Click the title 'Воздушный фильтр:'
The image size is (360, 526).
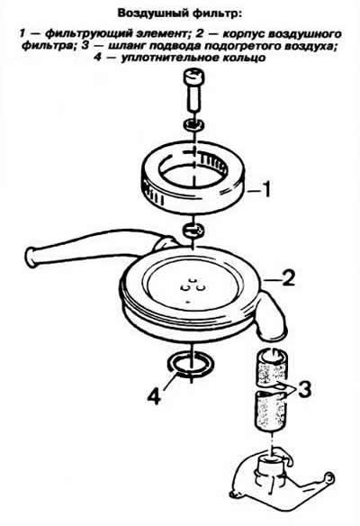pyautogui.click(x=179, y=14)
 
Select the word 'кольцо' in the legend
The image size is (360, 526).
pyautogui.click(x=244, y=58)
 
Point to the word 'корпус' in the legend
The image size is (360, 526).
pyautogui.click(x=245, y=34)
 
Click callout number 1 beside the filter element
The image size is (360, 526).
pyautogui.click(x=265, y=190)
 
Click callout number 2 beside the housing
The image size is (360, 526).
pyautogui.click(x=288, y=277)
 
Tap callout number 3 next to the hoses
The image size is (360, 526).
pyautogui.click(x=304, y=389)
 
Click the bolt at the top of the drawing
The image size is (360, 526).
pyautogui.click(x=194, y=88)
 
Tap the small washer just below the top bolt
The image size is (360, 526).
pyautogui.click(x=194, y=124)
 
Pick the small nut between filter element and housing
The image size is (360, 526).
pyautogui.click(x=193, y=230)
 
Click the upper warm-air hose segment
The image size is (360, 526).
pyautogui.click(x=272, y=367)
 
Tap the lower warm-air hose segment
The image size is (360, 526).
pyautogui.click(x=271, y=410)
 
